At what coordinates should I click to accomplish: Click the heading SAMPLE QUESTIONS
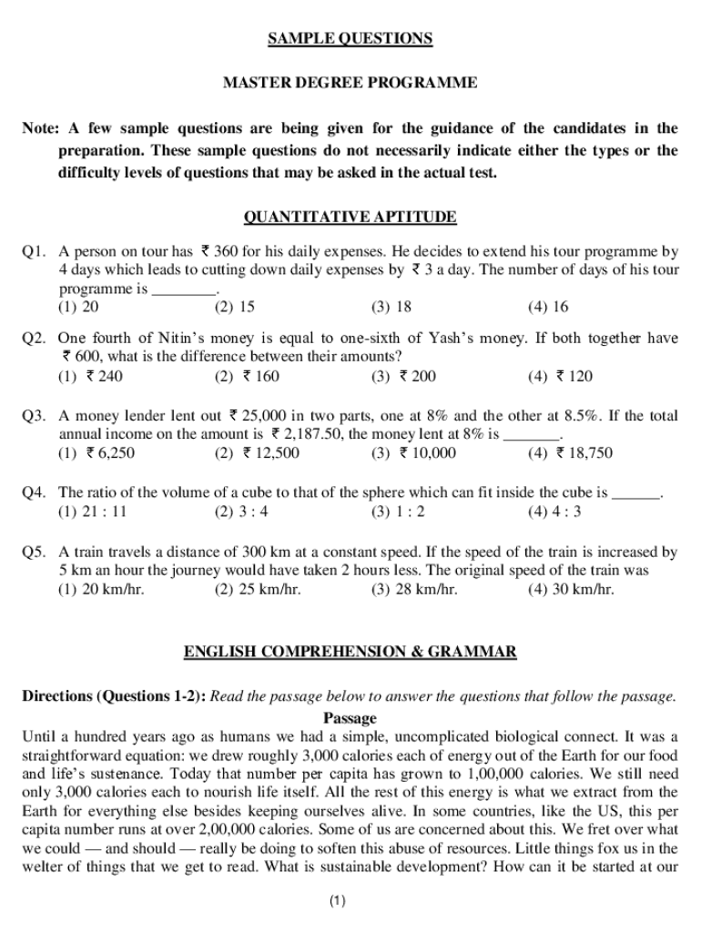[350, 38]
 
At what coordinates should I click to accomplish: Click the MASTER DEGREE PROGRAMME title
[350, 83]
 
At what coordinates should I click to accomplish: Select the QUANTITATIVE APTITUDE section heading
[350, 217]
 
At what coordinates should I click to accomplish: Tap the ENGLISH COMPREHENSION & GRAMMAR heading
[350, 652]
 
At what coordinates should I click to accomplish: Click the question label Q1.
[34, 250]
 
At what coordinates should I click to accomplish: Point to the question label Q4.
[34, 492]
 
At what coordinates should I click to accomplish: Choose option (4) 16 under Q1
[547, 307]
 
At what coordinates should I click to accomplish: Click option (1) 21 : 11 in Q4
[93, 512]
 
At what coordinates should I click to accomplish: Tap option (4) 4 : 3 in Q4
[554, 512]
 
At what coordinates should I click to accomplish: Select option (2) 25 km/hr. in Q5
[258, 589]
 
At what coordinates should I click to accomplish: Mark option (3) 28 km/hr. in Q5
[414, 589]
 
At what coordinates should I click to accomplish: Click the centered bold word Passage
[350, 717]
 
